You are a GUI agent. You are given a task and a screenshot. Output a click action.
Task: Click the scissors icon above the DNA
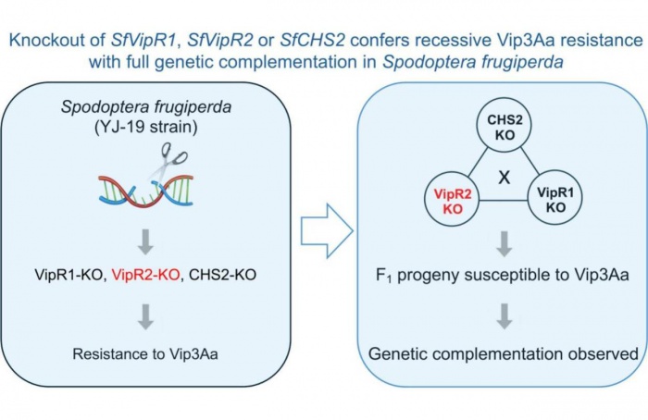tap(168, 162)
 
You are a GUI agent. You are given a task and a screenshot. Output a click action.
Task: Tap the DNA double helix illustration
tap(146, 190)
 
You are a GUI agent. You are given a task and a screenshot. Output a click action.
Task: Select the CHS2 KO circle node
tap(505, 124)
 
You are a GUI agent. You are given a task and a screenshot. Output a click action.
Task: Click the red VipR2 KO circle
tap(453, 199)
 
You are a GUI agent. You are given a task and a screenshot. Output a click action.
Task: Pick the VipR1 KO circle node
tap(555, 197)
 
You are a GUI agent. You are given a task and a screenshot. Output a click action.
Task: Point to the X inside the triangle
tap(505, 178)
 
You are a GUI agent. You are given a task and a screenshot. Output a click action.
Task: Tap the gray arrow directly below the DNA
tap(145, 242)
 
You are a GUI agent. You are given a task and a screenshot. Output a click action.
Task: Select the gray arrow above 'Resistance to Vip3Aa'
tap(145, 317)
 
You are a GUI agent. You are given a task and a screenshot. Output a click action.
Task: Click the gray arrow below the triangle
tap(505, 244)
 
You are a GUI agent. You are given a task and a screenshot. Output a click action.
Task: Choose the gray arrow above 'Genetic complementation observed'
tap(505, 316)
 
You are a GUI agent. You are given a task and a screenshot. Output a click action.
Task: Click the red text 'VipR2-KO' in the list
tap(146, 275)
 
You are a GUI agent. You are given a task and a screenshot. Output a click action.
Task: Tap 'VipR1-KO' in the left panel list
tap(69, 275)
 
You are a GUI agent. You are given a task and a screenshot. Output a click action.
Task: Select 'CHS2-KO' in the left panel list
tap(222, 275)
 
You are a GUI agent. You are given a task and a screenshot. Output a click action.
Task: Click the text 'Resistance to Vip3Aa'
tap(145, 354)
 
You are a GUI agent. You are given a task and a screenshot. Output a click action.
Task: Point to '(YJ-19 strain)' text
tap(146, 127)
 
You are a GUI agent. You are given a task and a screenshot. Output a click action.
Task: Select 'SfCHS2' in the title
tap(313, 41)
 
